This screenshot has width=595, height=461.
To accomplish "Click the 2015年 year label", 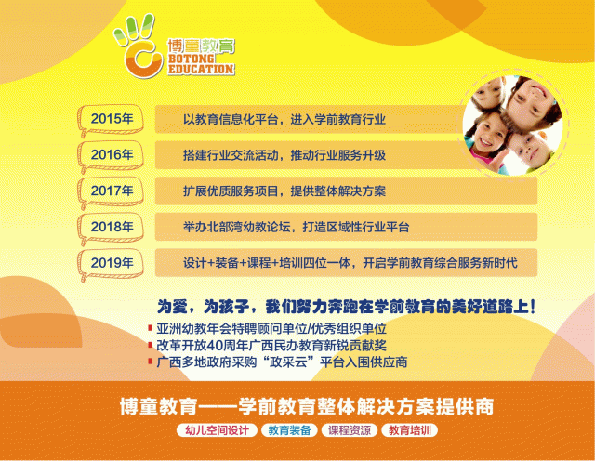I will pos(112,119).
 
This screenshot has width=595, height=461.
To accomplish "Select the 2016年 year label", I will pos(112,154).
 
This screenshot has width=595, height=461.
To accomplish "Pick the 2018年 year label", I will pos(112,226).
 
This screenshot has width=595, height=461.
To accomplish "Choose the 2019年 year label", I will pos(112,262).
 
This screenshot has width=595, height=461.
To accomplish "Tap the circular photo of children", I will pos(513,121).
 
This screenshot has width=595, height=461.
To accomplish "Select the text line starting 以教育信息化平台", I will pos(284,119).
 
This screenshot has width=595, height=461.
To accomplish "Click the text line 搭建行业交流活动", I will pos(284,154).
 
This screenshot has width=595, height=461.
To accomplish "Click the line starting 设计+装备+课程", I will pos(349,262).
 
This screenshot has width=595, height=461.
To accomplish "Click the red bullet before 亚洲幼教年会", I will pos(150,329).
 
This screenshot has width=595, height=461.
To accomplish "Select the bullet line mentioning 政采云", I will pos(288,361).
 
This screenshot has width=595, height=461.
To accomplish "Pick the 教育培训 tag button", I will pos(414,431).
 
